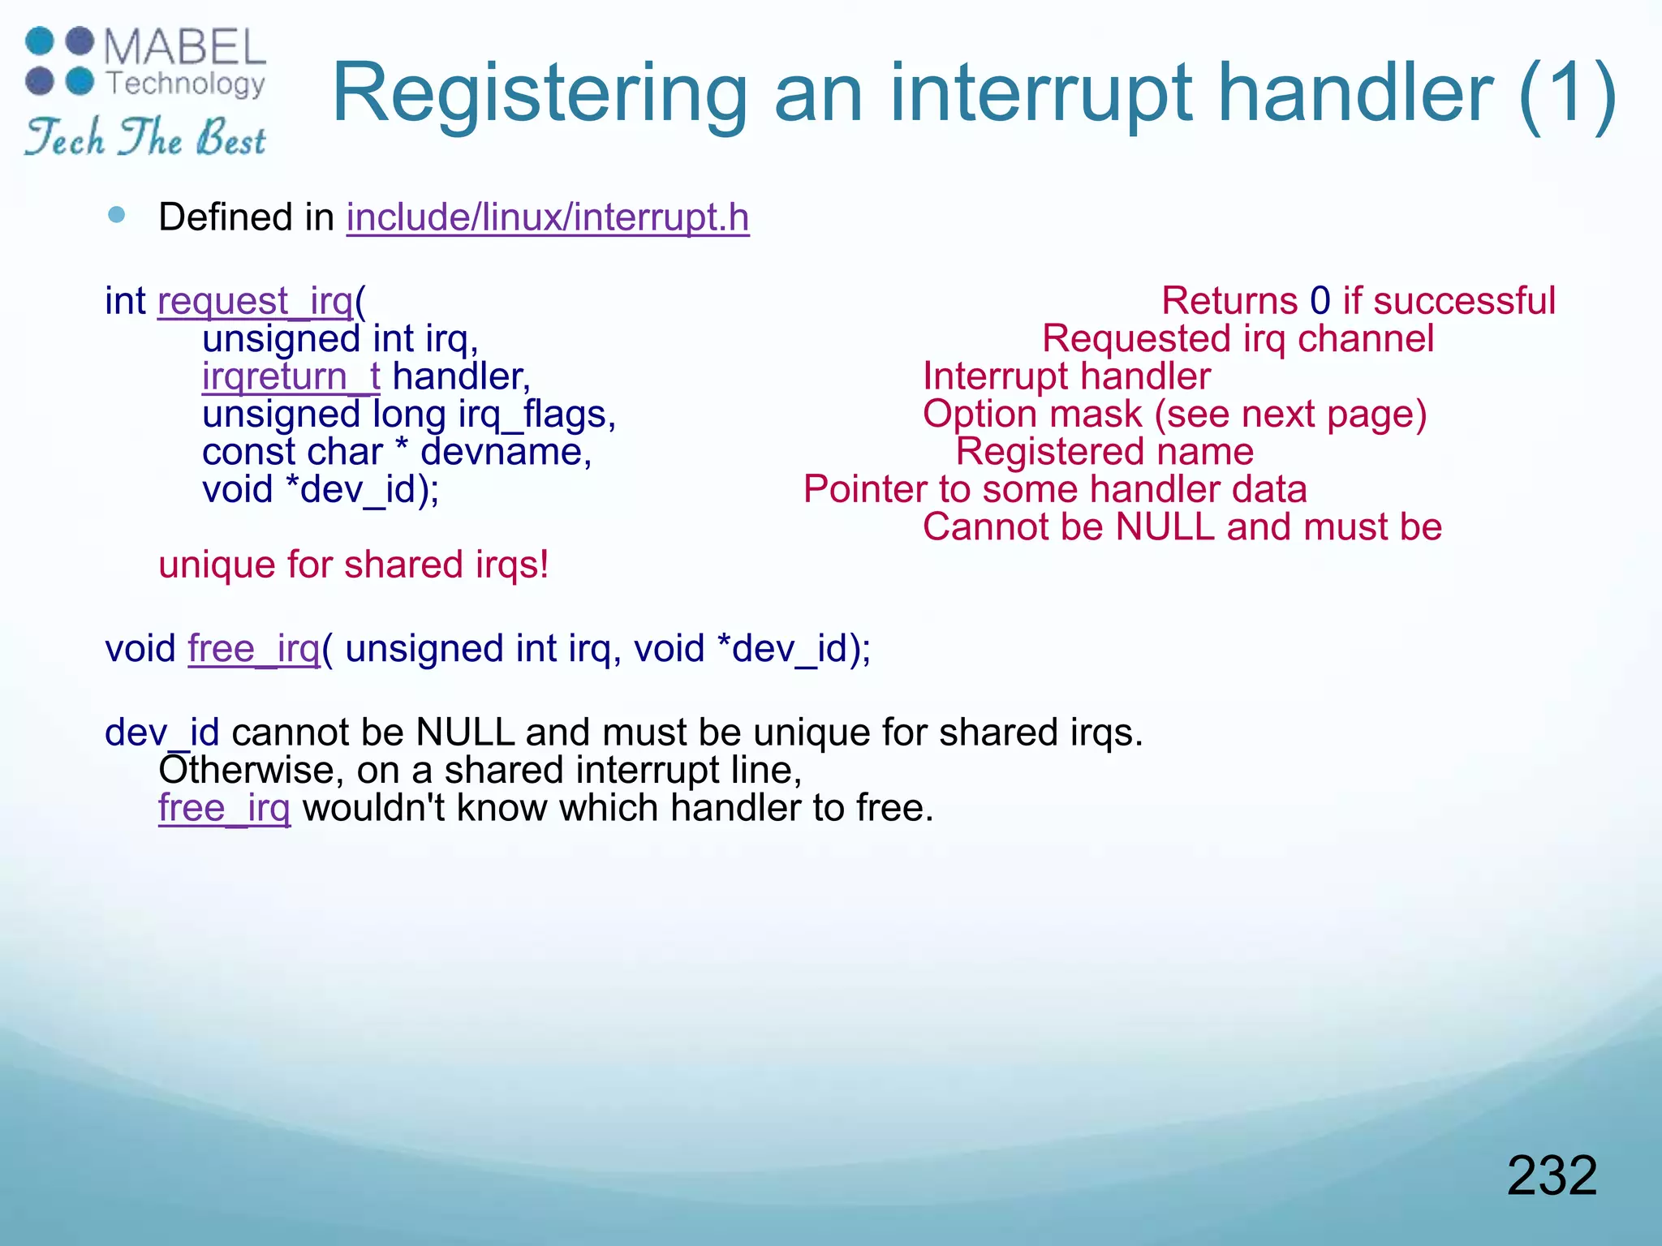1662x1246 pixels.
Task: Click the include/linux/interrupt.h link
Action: pos(548,217)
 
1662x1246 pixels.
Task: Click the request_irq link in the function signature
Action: pos(256,301)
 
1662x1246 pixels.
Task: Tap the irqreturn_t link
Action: pos(291,376)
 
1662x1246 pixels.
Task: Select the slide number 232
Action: pos(1552,1175)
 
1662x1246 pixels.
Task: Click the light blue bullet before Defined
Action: pos(117,215)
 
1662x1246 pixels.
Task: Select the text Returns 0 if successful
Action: pos(1358,301)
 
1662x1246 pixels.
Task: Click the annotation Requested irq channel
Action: pos(1238,339)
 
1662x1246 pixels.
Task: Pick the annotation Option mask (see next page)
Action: pos(1174,415)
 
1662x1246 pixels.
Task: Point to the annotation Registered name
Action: pos(1104,452)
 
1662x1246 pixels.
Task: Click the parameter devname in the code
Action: pos(505,452)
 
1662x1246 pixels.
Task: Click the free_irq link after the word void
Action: pos(254,649)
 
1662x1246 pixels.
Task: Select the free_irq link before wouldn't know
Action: pos(224,808)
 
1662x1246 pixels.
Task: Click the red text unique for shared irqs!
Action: pos(354,565)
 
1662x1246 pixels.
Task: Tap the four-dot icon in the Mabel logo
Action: pos(59,61)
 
